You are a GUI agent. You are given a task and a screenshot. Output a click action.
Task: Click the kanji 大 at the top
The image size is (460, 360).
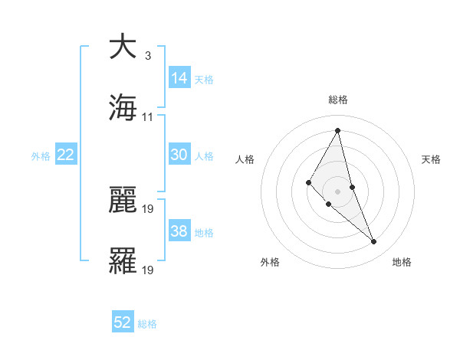pos(123,47)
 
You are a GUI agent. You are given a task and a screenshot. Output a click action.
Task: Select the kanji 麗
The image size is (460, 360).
pos(123,201)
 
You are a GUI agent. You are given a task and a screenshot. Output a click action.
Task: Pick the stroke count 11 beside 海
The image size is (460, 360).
pos(148,116)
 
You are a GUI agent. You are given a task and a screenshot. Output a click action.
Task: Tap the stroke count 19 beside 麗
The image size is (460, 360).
pos(148,208)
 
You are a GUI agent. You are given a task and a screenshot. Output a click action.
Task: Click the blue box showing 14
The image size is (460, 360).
pos(179,78)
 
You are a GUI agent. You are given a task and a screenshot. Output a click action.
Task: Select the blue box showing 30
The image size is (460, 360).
pos(179,155)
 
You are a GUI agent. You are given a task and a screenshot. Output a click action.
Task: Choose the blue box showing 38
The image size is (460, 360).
pos(179,231)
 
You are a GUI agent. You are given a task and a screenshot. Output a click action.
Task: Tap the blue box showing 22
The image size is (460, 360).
pos(66,155)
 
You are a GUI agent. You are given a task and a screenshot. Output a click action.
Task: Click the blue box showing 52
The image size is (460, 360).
pos(123,323)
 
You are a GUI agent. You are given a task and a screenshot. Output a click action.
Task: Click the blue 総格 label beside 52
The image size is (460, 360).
pos(147,324)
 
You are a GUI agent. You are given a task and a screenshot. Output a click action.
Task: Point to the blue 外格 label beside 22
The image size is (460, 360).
pos(41,156)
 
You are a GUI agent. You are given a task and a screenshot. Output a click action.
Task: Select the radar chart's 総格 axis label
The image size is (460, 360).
pos(338,100)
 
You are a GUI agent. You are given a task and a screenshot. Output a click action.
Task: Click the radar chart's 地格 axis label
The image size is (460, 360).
pos(402,262)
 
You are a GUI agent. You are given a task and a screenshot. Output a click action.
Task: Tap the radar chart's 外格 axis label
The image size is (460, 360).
pos(270,262)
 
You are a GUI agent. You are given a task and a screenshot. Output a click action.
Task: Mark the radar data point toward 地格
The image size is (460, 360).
pos(374,242)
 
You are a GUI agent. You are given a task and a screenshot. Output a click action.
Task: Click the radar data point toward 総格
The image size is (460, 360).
pos(338,130)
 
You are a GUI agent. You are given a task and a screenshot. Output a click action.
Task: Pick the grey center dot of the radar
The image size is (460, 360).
pos(338,191)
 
